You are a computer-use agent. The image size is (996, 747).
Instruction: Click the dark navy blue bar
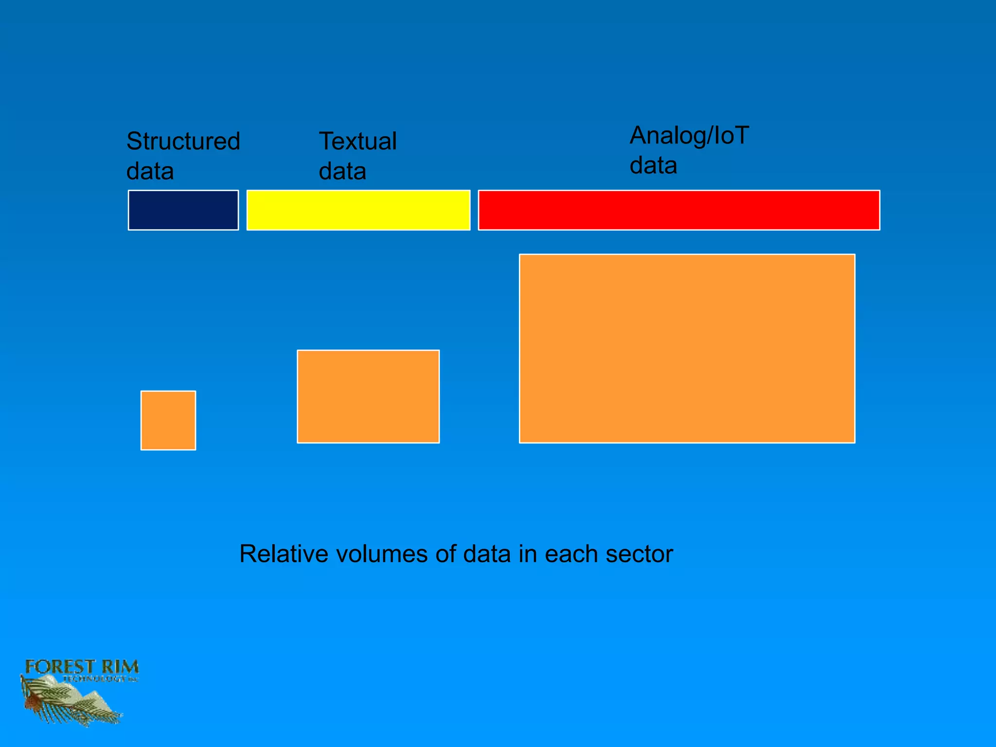coord(183,210)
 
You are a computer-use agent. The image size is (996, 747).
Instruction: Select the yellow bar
coord(358,210)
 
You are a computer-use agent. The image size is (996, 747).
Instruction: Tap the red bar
coord(679,210)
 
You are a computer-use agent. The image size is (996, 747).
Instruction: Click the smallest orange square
coord(168,420)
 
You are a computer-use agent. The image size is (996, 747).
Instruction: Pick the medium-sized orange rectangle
coord(368,396)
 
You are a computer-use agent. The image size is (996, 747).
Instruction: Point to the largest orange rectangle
coord(687,348)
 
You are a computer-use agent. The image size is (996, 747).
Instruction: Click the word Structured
coord(183,142)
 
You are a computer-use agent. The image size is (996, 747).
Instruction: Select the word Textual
coord(357,142)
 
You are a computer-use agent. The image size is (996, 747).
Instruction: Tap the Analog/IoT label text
coord(689,136)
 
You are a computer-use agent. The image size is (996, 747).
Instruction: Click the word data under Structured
coord(150,172)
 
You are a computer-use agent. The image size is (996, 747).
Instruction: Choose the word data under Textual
coord(342,172)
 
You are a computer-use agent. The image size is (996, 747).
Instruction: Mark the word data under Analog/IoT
coord(653,166)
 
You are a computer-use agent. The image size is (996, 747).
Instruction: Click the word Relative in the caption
coord(284,554)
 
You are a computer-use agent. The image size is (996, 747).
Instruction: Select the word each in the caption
coord(571,554)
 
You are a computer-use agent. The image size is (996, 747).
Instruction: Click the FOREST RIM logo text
coord(82,667)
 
